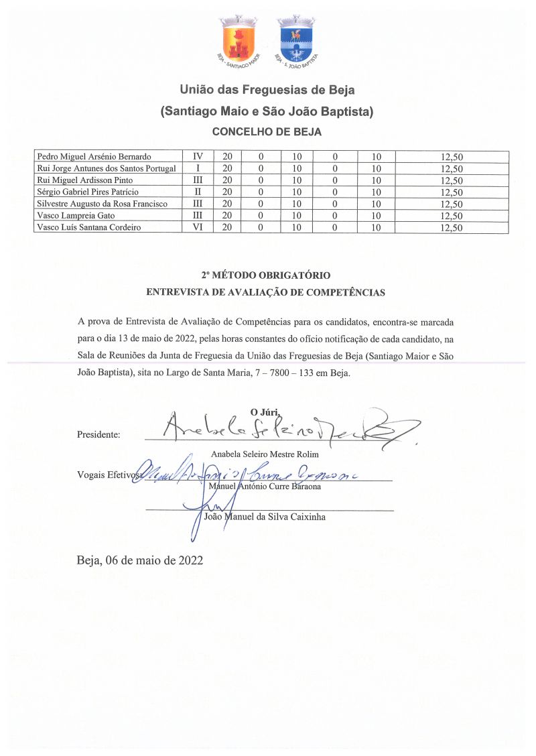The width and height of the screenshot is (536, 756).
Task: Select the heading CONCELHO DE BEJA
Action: tap(267, 132)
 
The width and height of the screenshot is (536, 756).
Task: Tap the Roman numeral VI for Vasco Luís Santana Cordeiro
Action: tap(198, 227)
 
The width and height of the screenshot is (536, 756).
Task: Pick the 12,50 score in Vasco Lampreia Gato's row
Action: tap(452, 216)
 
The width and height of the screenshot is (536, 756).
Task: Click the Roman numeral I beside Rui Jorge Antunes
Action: tap(198, 169)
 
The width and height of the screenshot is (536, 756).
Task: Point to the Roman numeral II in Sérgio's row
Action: tap(198, 192)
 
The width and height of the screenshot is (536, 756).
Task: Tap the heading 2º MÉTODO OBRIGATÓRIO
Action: tap(266, 275)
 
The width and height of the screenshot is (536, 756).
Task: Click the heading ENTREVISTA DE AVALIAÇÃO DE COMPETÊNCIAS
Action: tap(266, 292)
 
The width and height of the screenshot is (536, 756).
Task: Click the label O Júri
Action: tap(265, 412)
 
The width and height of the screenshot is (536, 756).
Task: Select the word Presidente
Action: tap(98, 434)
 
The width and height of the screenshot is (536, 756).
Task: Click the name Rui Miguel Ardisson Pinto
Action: tap(85, 180)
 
